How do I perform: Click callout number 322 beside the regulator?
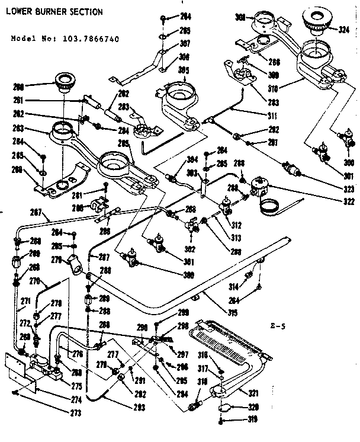pyautogui.click(x=349, y=202)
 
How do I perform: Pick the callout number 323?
pyautogui.click(x=349, y=190)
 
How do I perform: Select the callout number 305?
pyautogui.click(x=185, y=69)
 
